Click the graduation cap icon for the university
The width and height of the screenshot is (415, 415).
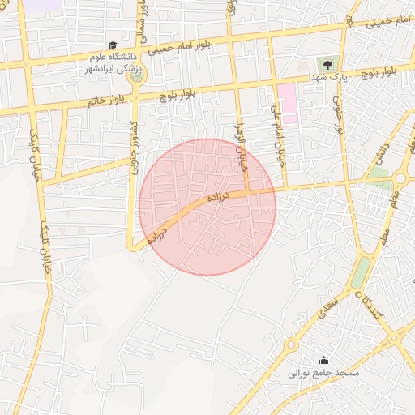(113, 45)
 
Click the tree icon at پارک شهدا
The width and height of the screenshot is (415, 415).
(326, 63)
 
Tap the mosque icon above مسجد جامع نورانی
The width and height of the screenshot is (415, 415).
(324, 361)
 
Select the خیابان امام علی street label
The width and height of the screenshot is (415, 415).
(279, 134)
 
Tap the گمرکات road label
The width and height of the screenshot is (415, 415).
(370, 302)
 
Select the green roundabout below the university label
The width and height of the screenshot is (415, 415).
(135, 96)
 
